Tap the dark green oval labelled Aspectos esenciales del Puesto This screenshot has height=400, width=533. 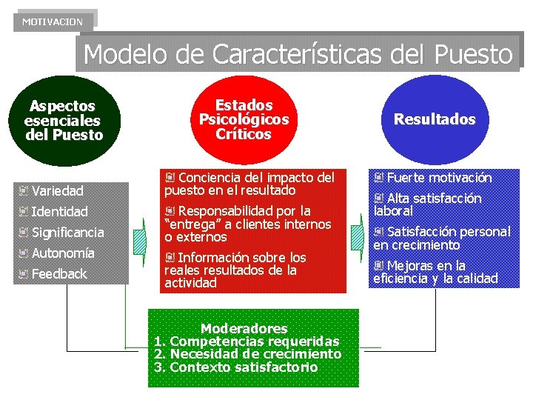click(x=63, y=121)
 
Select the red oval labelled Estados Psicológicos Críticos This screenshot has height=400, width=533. click(x=244, y=119)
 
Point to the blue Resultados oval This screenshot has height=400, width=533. click(x=435, y=119)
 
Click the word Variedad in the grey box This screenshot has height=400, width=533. click(x=58, y=190)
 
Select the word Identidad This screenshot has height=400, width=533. click(x=59, y=211)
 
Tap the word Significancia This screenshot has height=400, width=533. click(x=68, y=233)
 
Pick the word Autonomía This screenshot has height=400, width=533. click(x=63, y=253)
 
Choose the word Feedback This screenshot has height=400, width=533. click(x=59, y=274)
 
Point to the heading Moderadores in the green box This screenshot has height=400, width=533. click(x=244, y=328)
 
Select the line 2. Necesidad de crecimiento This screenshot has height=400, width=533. click(x=248, y=354)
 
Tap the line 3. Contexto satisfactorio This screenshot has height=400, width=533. click(x=236, y=367)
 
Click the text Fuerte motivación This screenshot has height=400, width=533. click(x=439, y=178)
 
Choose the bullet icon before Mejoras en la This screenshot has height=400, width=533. click(x=379, y=265)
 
